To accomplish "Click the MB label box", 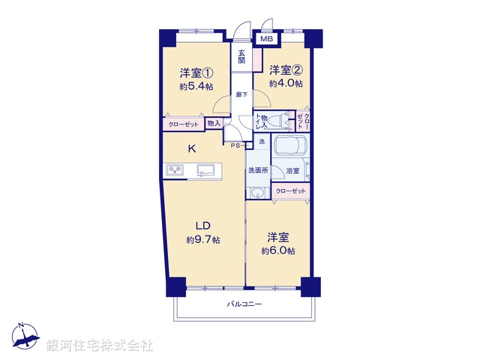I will [266, 39].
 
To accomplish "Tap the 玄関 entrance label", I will [242, 57].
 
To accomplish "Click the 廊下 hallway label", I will [241, 94].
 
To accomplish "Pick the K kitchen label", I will [191, 148].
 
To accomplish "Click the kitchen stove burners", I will [175, 171].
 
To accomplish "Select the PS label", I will [235, 145].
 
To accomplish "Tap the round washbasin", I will [257, 193].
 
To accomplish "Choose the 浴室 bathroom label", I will [292, 172].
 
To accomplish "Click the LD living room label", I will [202, 226].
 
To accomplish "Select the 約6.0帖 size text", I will [278, 250].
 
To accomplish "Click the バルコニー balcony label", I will [244, 304].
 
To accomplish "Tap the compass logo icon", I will [24, 338].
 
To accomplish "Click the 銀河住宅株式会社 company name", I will [100, 346].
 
